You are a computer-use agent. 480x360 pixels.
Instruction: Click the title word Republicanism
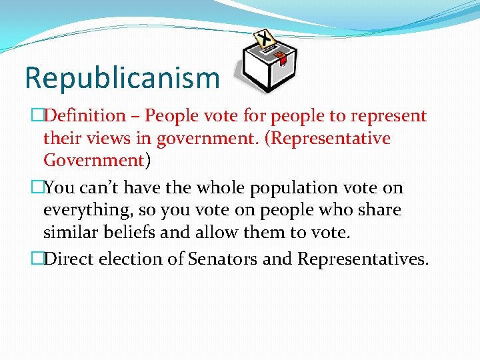pos(122,78)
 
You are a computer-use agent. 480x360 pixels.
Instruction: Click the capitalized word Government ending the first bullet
pos(93,161)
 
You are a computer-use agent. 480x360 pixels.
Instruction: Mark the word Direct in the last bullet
pos(69,259)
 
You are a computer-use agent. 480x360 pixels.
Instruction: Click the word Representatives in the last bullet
pos(361,259)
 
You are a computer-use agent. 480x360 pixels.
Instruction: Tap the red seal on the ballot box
pos(281,57)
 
